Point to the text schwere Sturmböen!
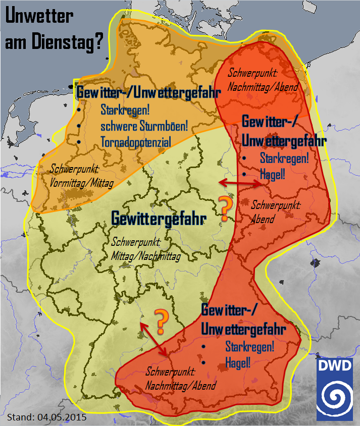click(144, 126)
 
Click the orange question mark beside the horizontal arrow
click(225, 207)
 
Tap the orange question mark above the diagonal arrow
click(161, 321)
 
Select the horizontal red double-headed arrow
click(239, 182)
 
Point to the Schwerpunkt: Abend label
click(276, 212)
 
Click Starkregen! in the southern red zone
click(249, 347)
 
